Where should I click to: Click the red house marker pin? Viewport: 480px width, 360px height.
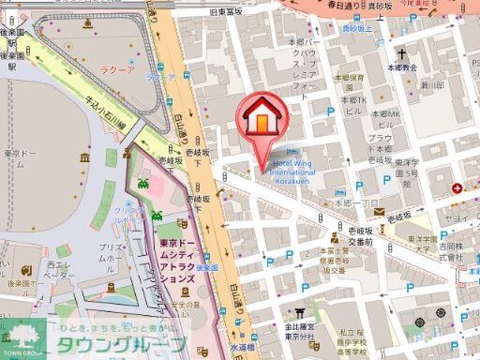[265, 121]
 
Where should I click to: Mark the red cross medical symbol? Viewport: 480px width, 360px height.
[457, 188]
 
